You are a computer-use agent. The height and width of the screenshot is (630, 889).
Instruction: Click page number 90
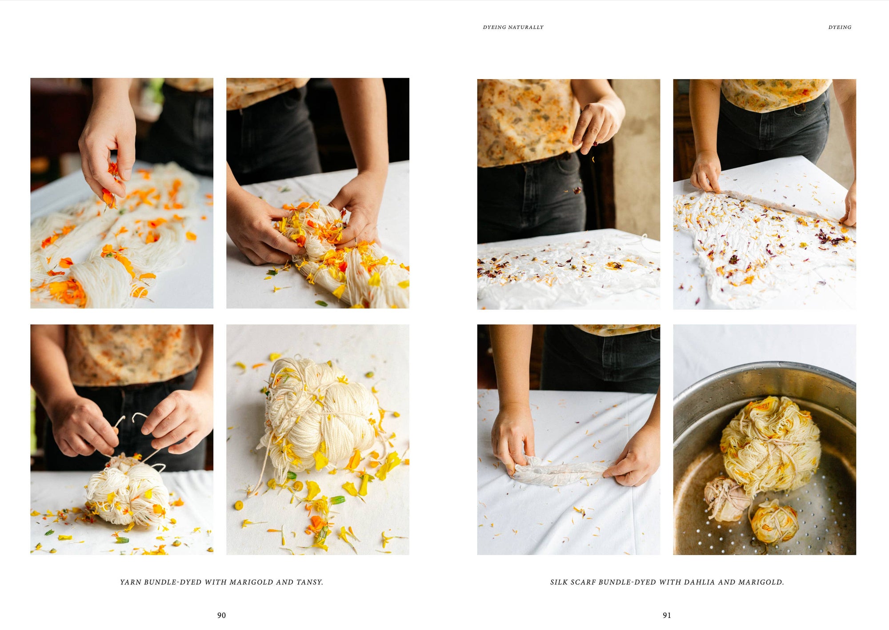(x=221, y=615)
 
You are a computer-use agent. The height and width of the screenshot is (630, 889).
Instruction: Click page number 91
(x=667, y=615)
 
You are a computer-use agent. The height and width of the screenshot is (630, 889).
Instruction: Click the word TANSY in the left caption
(x=309, y=582)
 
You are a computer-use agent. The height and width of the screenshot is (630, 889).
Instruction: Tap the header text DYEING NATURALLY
(x=513, y=27)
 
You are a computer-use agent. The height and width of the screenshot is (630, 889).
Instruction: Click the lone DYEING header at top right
(x=840, y=27)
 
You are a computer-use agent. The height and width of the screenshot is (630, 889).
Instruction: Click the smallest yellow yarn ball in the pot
(x=774, y=522)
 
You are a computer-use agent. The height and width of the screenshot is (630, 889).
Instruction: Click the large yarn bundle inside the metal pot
(x=771, y=445)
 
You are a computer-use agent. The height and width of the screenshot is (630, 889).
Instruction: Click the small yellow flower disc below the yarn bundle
(x=239, y=505)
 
